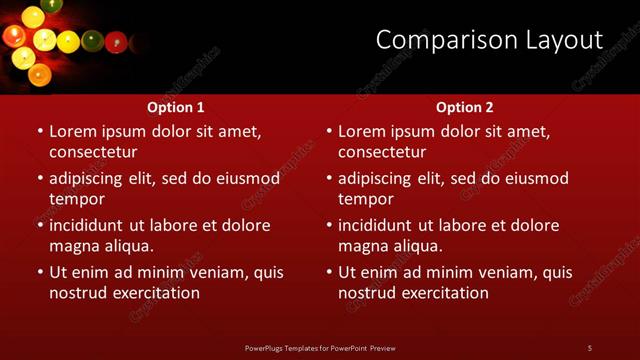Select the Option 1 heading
click(x=176, y=107)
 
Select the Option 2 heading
click(x=465, y=107)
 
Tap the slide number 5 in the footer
click(x=590, y=347)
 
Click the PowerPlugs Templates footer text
click(x=320, y=347)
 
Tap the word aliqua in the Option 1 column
click(x=127, y=246)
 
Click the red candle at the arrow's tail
click(x=116, y=42)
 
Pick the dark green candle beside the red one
click(x=92, y=41)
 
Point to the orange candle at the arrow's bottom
click(x=39, y=74)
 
